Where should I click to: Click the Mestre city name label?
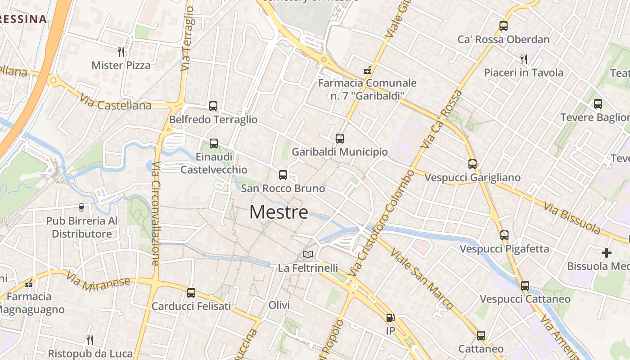(279, 212)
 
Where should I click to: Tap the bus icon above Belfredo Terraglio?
(213, 106)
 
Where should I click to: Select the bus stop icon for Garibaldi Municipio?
(340, 139)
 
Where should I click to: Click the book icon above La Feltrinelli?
(308, 255)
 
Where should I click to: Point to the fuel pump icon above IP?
(390, 318)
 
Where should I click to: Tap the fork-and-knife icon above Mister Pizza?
(121, 52)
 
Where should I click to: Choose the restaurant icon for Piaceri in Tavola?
(523, 59)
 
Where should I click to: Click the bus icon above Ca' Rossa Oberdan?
(504, 26)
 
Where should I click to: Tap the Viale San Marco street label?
(422, 279)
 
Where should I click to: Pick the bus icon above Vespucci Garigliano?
(472, 164)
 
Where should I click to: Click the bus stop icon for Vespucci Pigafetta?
(504, 235)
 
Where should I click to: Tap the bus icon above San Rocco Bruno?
(283, 175)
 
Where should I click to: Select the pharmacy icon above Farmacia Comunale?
(367, 70)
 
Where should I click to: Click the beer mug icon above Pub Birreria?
(81, 207)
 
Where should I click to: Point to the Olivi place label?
(279, 305)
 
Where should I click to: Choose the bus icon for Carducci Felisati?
(191, 293)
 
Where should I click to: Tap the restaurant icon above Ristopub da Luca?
(90, 340)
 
